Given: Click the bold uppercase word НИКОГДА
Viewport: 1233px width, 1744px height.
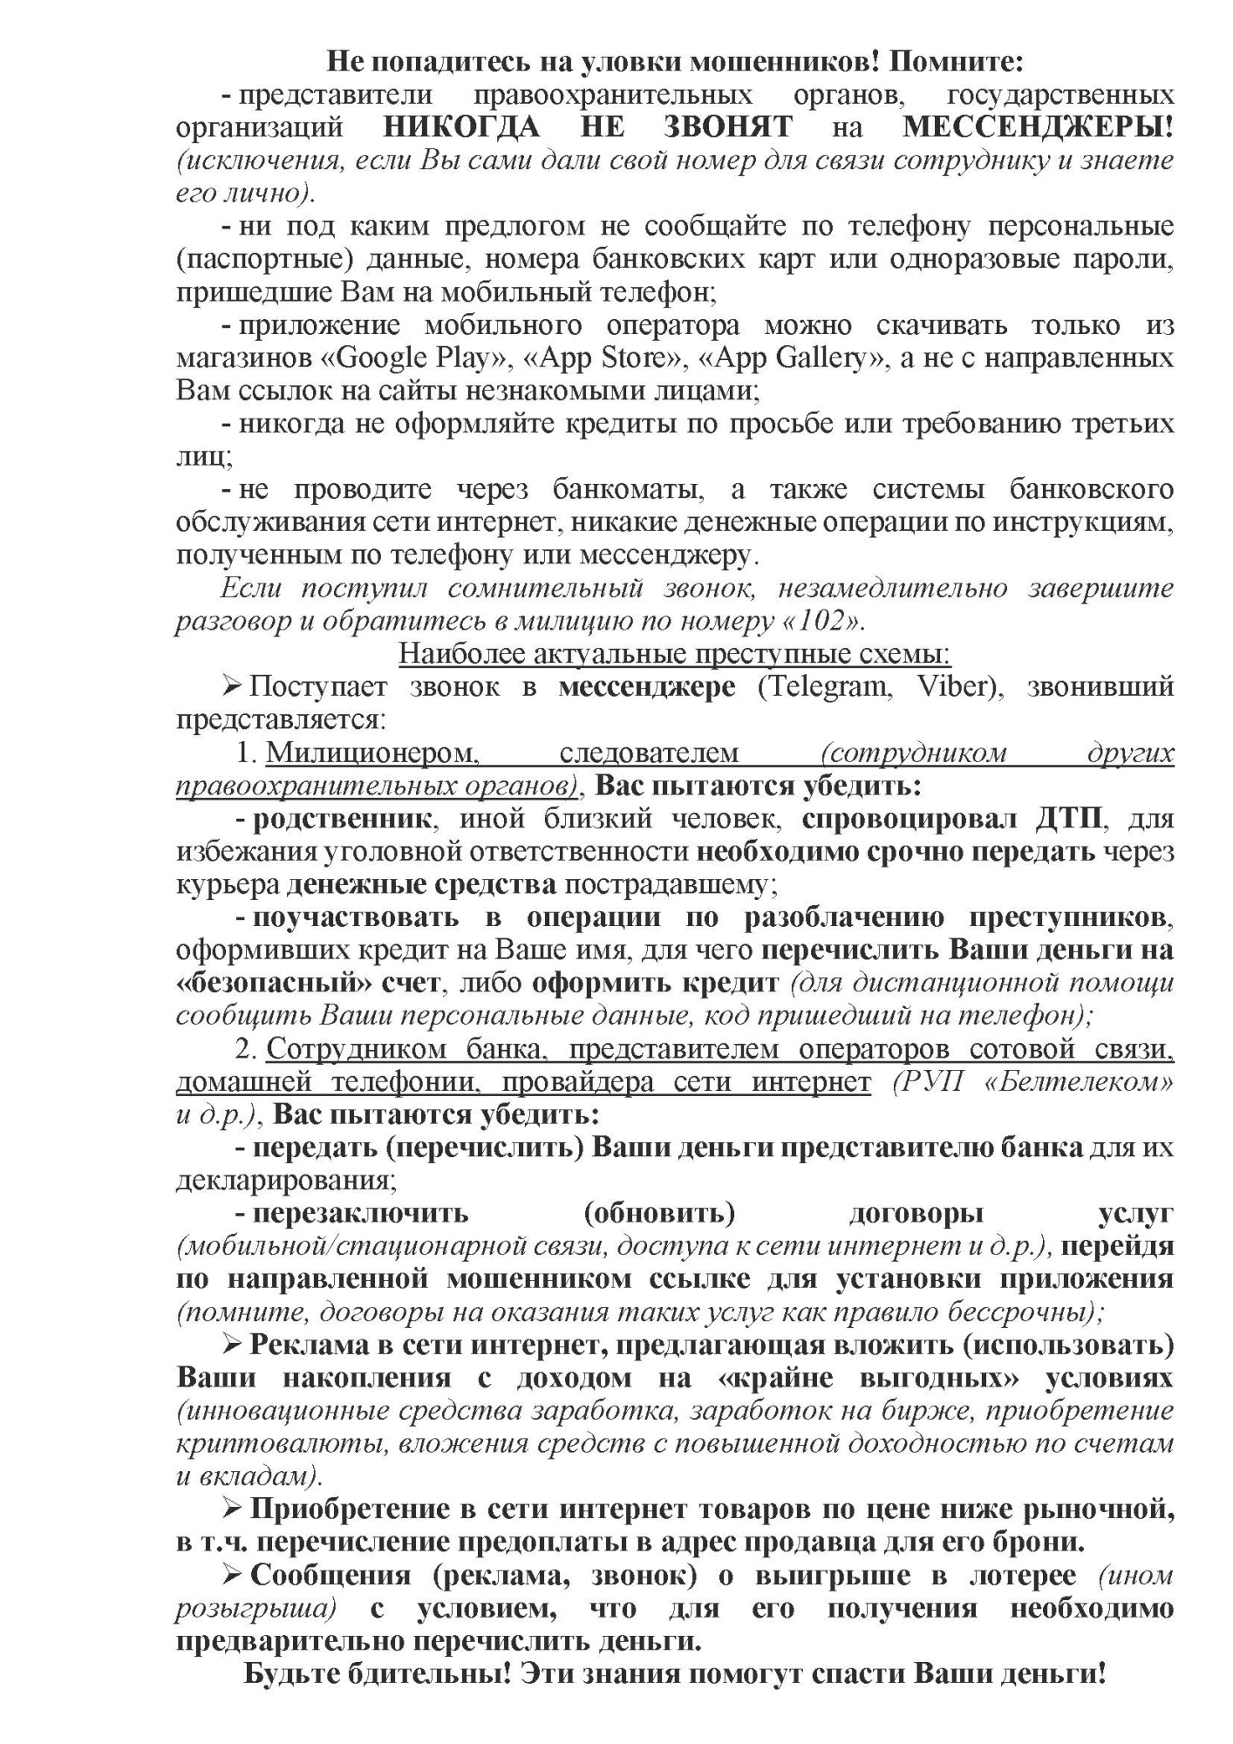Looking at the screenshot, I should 461,127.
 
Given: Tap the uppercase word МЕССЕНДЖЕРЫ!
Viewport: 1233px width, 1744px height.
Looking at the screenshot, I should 1038,127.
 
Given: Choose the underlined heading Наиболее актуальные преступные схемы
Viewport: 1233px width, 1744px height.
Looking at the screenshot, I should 674,654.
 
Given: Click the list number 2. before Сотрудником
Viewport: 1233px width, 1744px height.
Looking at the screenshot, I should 248,1049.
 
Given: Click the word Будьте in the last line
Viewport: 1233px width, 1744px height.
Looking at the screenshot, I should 290,1674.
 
